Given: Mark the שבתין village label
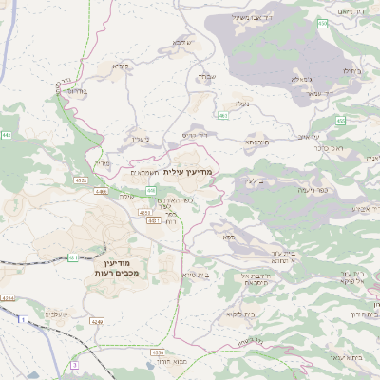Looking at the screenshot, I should (x=209, y=76).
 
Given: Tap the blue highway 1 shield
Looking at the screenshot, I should (x=21, y=320).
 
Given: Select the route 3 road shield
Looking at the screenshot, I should (x=72, y=364).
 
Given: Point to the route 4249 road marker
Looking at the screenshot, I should (x=97, y=321).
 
